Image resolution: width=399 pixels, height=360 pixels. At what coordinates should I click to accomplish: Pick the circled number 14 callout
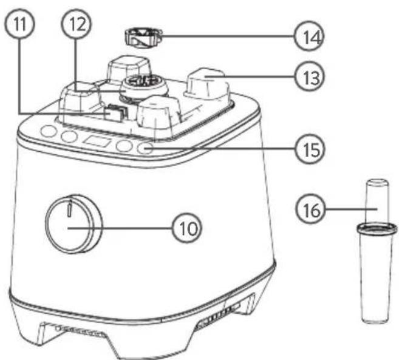[x=307, y=38]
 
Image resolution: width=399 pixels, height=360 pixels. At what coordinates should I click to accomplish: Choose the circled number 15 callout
[x=309, y=148]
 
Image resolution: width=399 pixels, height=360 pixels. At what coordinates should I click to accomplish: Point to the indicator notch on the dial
[x=70, y=209]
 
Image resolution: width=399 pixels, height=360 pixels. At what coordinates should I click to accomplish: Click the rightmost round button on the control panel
[x=146, y=148]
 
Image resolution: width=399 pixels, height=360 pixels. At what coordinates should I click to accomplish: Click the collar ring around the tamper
[x=375, y=228]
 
